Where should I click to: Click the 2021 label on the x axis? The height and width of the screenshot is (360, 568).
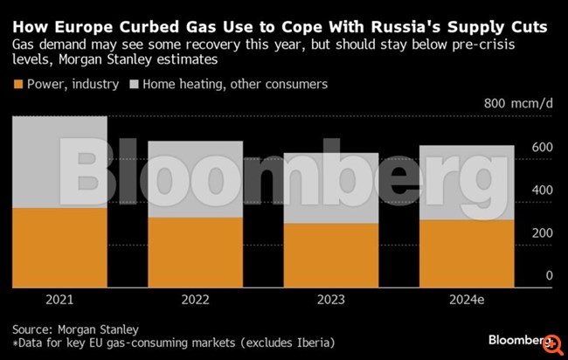point(59,300)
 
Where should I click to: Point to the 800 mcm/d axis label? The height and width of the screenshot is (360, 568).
point(519,103)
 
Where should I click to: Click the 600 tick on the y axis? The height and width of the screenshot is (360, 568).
point(542,147)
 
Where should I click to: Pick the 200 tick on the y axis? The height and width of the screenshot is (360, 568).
point(542,232)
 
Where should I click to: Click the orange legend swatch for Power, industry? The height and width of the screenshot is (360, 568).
point(17,85)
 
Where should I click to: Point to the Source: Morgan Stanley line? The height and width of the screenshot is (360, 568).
point(75,329)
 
